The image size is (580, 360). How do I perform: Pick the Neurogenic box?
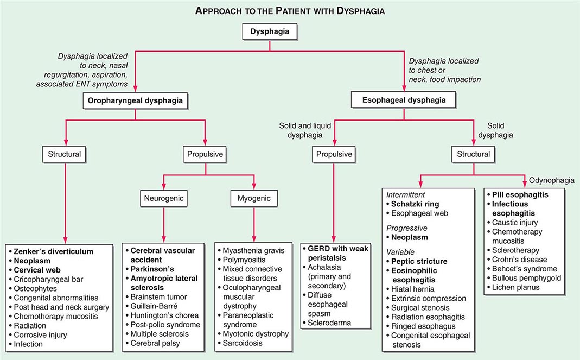pyautogui.click(x=163, y=199)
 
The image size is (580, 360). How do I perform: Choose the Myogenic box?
pyautogui.click(x=254, y=199)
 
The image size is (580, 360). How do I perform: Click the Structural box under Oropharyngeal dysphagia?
pyautogui.click(x=65, y=154)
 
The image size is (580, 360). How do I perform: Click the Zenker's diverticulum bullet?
pyautogui.click(x=54, y=251)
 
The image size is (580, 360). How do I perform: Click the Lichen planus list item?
pyautogui.click(x=516, y=287)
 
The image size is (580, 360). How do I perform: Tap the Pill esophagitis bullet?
pyautogui.click(x=520, y=194)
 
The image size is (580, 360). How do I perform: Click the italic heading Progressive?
pyautogui.click(x=406, y=228)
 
